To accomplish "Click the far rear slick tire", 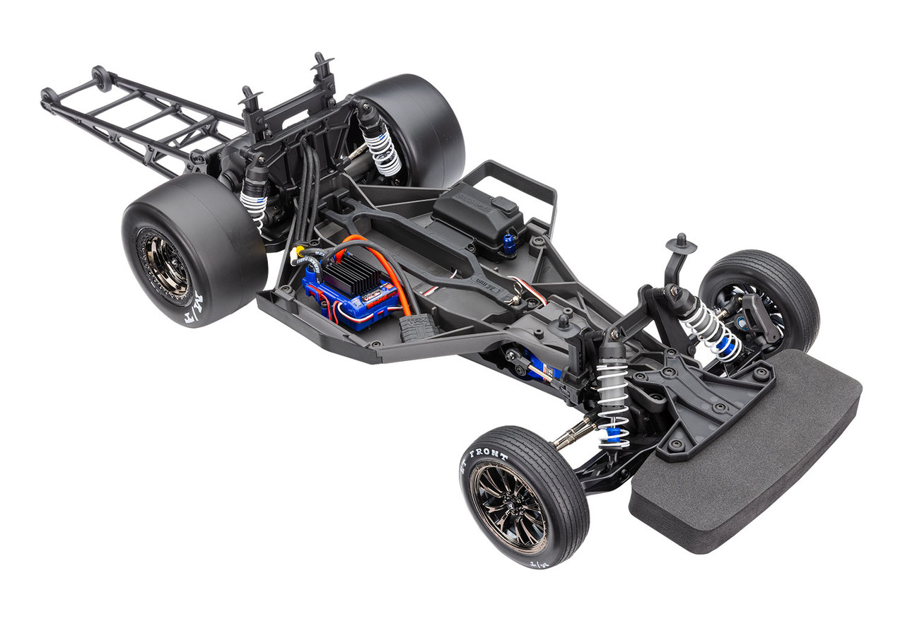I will [x=417, y=127].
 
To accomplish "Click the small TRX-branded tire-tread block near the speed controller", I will [x=417, y=326].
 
